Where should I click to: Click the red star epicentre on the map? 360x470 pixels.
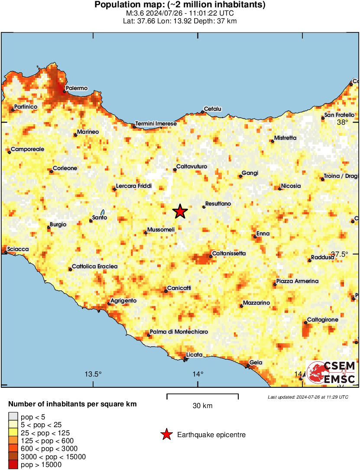[x=180, y=212]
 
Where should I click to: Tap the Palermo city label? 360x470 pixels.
[x=77, y=88]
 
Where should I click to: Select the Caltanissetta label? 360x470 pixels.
[x=229, y=253]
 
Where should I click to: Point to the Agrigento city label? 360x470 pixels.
[x=123, y=301]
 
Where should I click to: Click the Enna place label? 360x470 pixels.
[x=263, y=234]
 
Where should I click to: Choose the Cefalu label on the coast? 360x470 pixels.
[x=213, y=109]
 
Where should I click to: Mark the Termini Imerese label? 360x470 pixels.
[x=156, y=124]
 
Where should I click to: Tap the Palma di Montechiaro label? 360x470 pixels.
[x=179, y=332]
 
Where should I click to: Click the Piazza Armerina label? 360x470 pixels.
[x=297, y=281]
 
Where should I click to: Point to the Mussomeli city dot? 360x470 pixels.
[x=146, y=233]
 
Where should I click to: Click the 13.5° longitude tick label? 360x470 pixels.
[x=93, y=374]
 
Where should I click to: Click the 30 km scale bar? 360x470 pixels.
[x=202, y=395]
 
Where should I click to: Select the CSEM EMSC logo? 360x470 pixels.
[x=331, y=373]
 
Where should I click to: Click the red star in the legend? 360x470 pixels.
[x=166, y=435]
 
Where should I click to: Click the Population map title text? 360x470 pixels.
[x=180, y=5]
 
